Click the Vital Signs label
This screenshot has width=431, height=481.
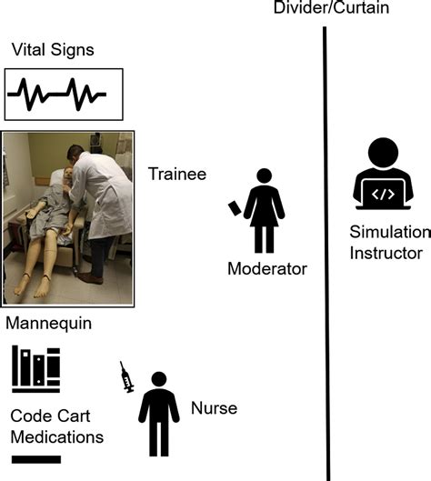[53, 50]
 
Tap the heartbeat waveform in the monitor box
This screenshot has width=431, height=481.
[56, 95]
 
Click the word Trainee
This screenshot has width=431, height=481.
[177, 174]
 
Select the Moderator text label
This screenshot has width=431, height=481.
[267, 269]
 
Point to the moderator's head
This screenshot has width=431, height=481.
[264, 175]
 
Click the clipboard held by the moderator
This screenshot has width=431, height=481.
[235, 208]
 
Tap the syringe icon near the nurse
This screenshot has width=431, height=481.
[126, 377]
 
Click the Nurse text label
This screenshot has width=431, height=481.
[214, 408]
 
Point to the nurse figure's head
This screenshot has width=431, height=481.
[159, 379]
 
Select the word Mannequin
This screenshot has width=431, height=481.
[49, 324]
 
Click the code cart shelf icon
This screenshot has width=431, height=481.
[35, 369]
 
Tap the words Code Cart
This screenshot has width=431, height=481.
[50, 416]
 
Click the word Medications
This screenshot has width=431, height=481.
[57, 437]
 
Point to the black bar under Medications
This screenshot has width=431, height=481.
[36, 459]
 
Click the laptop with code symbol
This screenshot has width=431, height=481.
[383, 195]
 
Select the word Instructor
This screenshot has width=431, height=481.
[386, 254]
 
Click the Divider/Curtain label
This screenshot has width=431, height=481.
[331, 7]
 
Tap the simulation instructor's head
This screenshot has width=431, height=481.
[383, 153]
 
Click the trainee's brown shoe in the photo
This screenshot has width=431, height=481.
[90, 278]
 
